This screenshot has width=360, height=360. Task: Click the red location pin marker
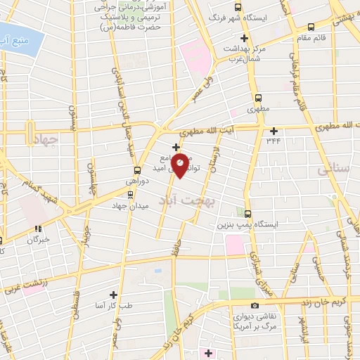(181, 165)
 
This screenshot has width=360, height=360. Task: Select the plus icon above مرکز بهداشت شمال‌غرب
(245, 38)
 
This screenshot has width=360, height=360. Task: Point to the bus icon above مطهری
(257, 98)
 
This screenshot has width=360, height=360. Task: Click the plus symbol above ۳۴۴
(274, 129)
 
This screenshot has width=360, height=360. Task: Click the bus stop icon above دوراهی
(137, 170)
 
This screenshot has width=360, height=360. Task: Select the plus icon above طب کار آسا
(112, 294)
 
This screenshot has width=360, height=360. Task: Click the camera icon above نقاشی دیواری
(255, 306)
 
